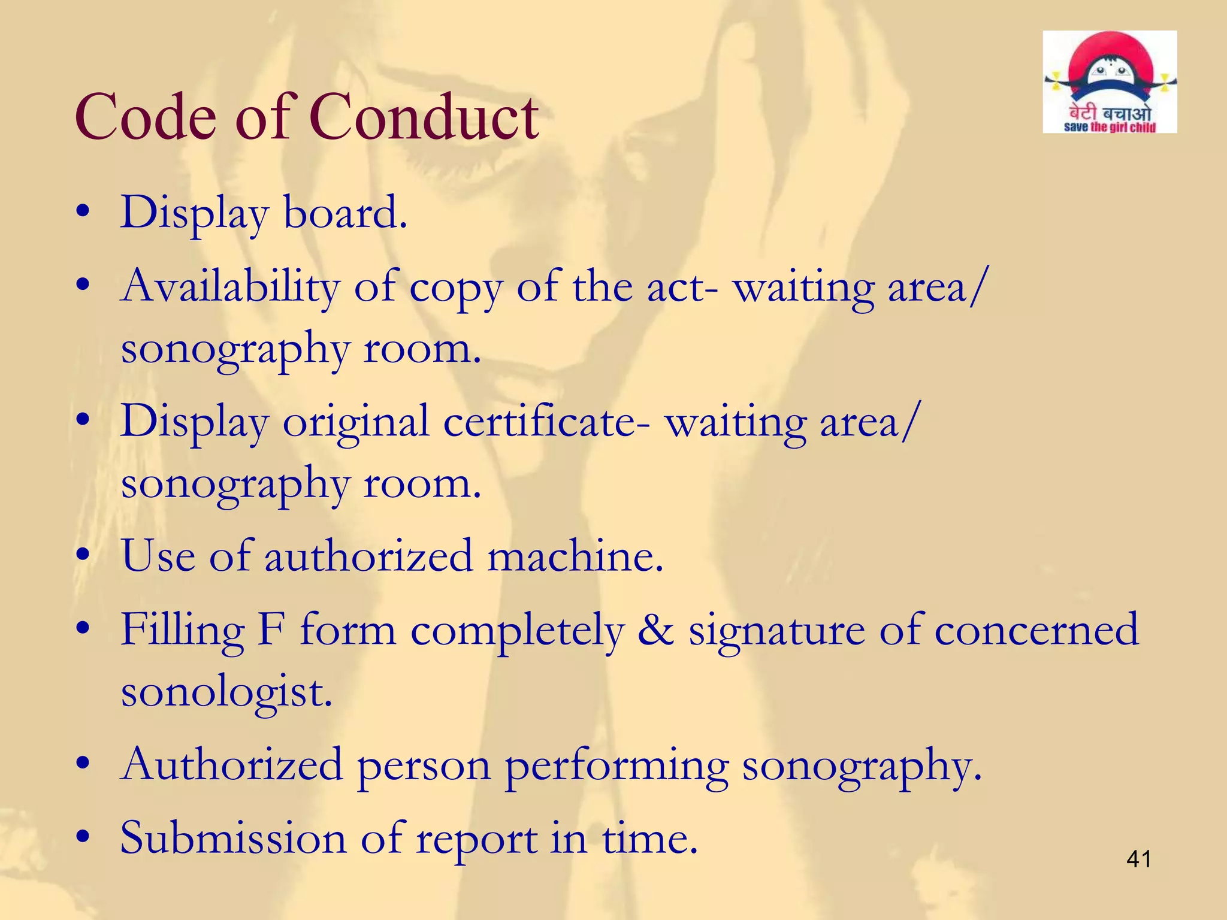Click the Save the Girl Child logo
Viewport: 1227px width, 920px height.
(x=1110, y=82)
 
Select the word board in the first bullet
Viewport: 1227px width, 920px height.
(x=345, y=213)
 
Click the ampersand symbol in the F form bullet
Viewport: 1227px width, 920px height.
(x=655, y=630)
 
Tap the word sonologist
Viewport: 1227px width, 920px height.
(x=226, y=693)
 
